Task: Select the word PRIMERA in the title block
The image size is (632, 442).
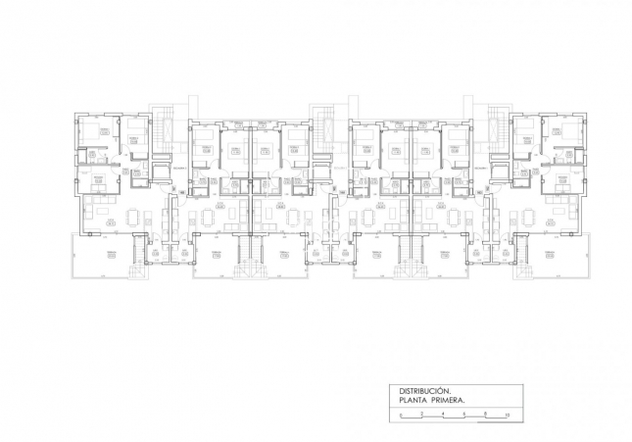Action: point(447,401)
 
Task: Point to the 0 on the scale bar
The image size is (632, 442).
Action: point(401,416)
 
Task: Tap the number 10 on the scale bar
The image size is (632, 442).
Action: point(506,416)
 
